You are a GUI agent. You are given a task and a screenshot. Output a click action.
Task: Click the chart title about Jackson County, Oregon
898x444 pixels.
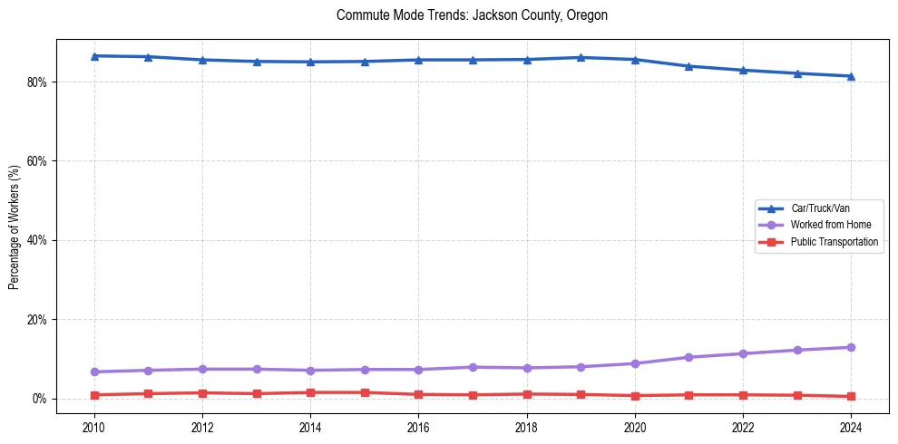tap(471, 15)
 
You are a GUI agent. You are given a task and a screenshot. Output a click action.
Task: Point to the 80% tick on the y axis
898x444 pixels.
tap(38, 82)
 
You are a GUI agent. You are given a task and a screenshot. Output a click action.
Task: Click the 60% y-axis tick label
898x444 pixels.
tap(38, 161)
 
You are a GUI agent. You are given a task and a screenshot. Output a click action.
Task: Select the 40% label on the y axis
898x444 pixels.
tap(38, 240)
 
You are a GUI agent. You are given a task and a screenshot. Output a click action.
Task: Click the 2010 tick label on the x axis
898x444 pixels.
tap(94, 427)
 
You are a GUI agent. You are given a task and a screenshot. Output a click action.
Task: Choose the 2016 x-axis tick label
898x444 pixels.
tap(418, 427)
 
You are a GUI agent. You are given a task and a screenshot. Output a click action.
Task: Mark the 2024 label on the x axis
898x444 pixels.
tap(851, 427)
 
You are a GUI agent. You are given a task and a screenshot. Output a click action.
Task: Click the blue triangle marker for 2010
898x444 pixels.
tap(94, 56)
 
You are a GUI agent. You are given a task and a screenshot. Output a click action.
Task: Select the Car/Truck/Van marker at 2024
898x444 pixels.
tap(851, 76)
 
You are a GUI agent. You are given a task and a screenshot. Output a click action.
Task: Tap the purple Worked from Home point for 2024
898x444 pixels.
tap(851, 347)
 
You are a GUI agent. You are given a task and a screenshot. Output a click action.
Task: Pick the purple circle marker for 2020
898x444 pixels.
tap(635, 363)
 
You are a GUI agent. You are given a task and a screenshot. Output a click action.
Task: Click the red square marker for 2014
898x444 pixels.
tap(310, 392)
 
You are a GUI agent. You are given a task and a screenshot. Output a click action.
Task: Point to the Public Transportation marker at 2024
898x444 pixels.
tap(851, 396)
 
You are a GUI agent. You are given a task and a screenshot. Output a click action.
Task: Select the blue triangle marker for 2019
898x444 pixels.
tap(581, 58)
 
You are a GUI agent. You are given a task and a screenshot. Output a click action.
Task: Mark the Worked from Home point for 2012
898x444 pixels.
tap(202, 369)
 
